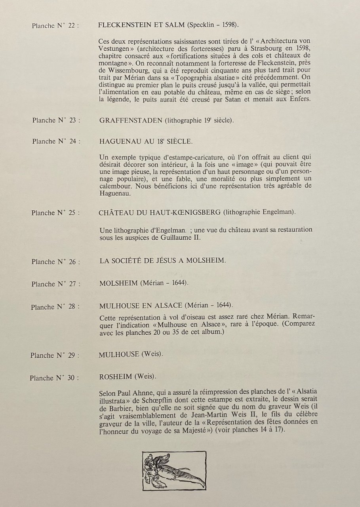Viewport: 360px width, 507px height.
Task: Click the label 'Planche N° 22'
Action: [x=55, y=26]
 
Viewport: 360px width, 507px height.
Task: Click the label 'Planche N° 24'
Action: [x=56, y=141]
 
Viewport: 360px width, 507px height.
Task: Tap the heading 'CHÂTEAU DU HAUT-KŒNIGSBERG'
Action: [x=160, y=212]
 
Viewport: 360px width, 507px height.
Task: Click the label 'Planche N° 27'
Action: [x=55, y=284]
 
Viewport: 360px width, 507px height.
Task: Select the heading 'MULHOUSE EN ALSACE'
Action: [x=141, y=305]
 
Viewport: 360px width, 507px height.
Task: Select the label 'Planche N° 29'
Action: [x=55, y=355]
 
